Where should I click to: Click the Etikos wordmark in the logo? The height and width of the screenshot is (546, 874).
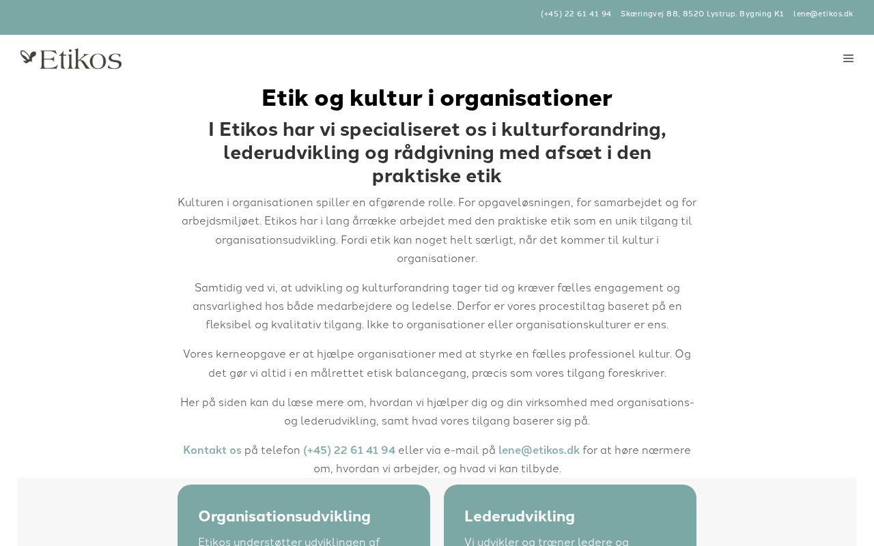pyautogui.click(x=81, y=59)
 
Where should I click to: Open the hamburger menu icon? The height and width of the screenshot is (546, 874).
pyautogui.click(x=848, y=59)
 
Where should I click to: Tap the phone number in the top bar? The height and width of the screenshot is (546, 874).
pyautogui.click(x=576, y=14)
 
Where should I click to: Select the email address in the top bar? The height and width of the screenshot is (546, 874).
pyautogui.click(x=823, y=14)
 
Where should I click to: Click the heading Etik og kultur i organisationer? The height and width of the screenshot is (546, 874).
pyautogui.click(x=437, y=98)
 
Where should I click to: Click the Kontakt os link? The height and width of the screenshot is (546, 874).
pyautogui.click(x=212, y=450)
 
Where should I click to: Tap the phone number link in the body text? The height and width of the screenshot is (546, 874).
pyautogui.click(x=349, y=450)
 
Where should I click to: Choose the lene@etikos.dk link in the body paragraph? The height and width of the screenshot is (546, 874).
pyautogui.click(x=539, y=450)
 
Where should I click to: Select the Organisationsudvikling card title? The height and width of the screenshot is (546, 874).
pyautogui.click(x=284, y=517)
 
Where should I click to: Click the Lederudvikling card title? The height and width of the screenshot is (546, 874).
pyautogui.click(x=520, y=517)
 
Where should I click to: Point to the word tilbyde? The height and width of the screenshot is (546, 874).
pyautogui.click(x=539, y=469)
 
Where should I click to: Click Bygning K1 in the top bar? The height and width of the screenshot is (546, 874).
pyautogui.click(x=761, y=14)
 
